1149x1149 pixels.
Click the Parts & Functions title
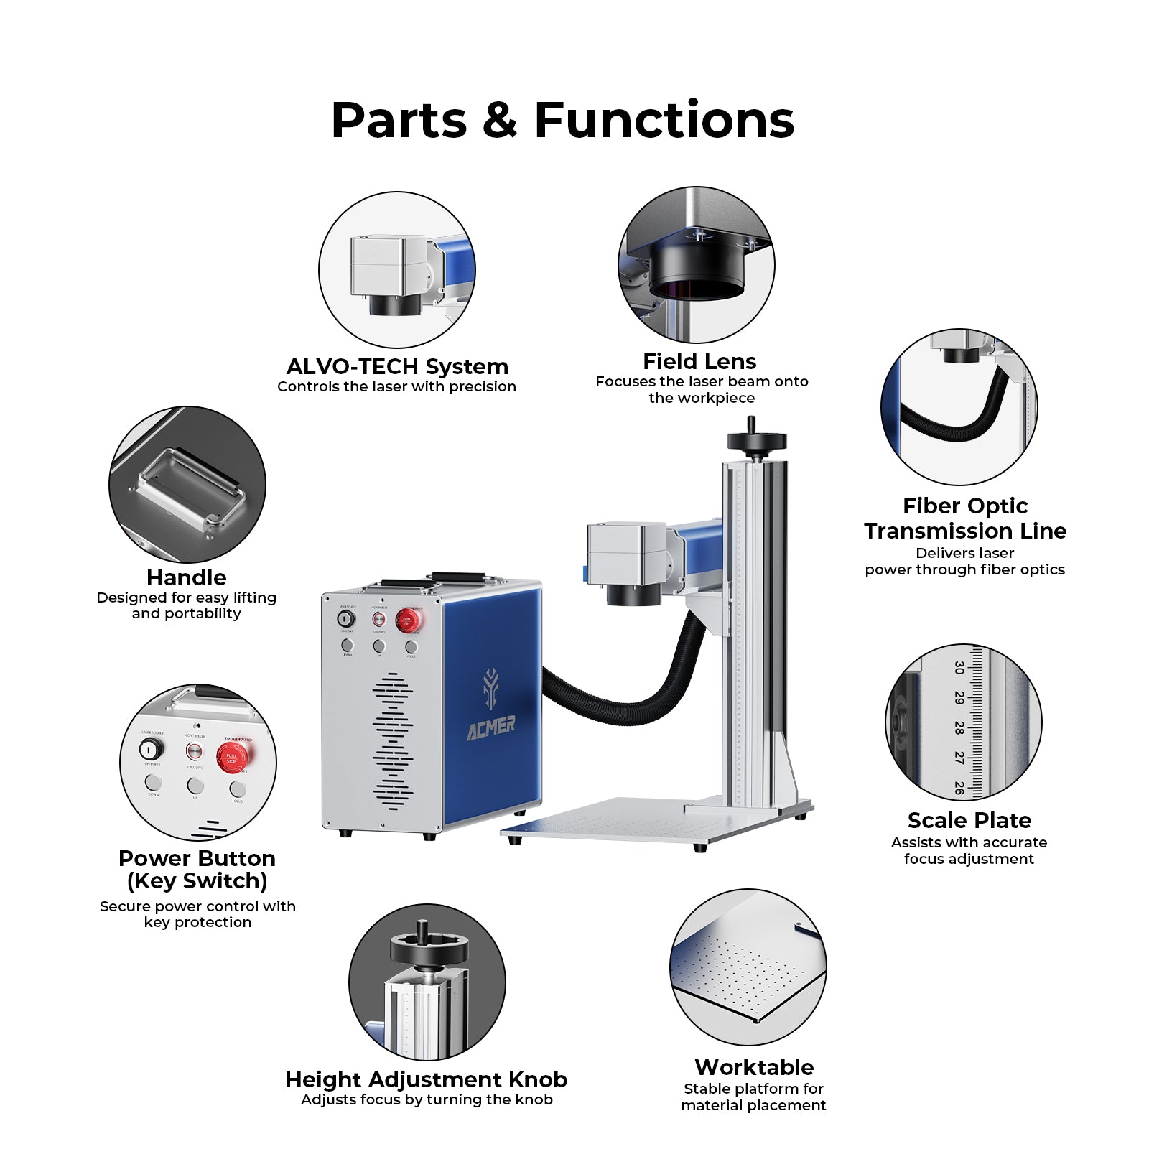pyautogui.click(x=562, y=120)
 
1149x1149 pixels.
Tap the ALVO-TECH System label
pyautogui.click(x=397, y=367)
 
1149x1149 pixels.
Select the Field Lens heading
pyautogui.click(x=699, y=361)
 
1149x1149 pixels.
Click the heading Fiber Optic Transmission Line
pyautogui.click(x=964, y=518)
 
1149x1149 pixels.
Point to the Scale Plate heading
pyautogui.click(x=969, y=820)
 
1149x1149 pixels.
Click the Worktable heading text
pyautogui.click(x=754, y=1067)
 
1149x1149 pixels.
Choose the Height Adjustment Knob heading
pyautogui.click(x=426, y=1080)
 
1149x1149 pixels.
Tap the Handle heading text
pyautogui.click(x=186, y=577)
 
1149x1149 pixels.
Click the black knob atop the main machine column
pyautogui.click(x=756, y=441)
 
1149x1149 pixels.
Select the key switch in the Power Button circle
pyautogui.click(x=151, y=750)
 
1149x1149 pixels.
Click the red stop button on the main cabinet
pyautogui.click(x=407, y=620)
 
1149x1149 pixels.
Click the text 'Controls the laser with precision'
pyautogui.click(x=396, y=387)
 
